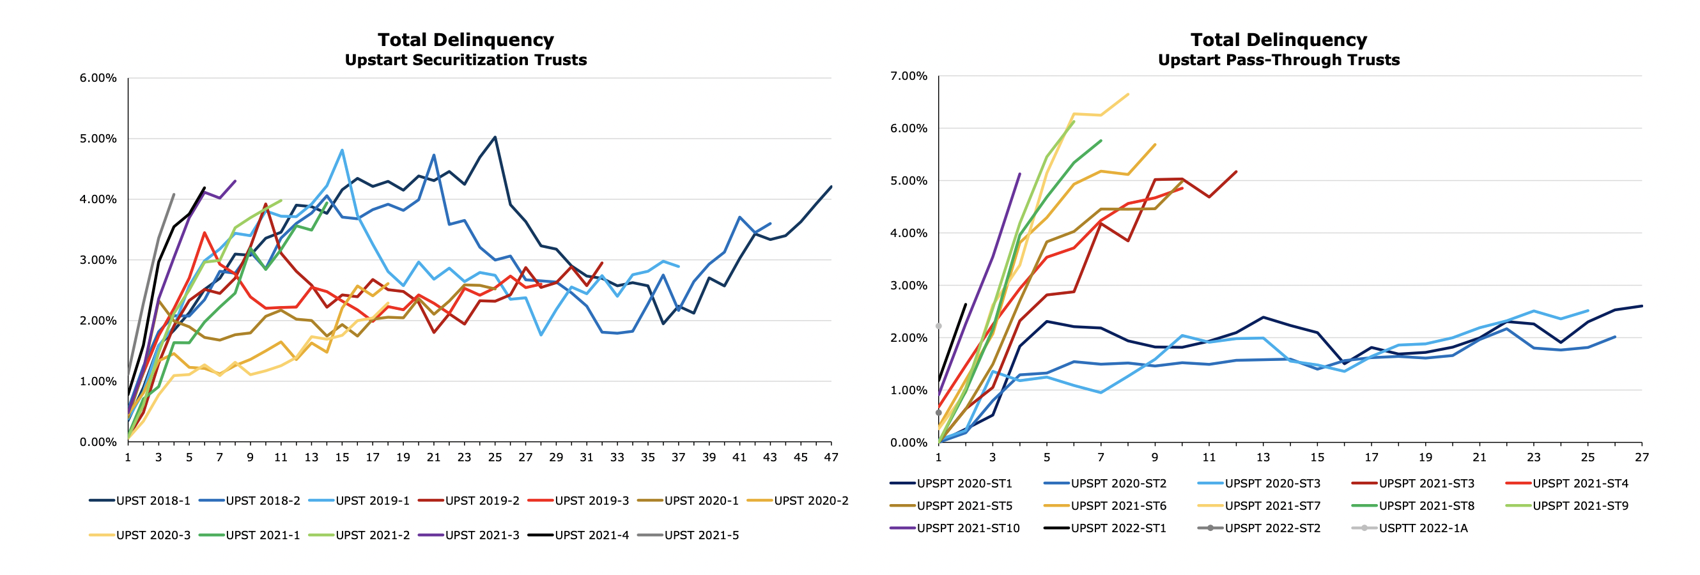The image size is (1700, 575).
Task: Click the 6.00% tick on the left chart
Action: (x=98, y=78)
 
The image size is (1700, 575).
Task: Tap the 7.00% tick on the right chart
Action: (x=909, y=76)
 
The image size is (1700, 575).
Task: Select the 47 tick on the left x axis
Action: (x=831, y=457)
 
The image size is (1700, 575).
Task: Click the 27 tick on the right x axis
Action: (x=1641, y=457)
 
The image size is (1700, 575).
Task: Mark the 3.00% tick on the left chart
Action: (x=98, y=260)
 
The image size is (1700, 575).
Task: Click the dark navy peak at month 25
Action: (x=495, y=137)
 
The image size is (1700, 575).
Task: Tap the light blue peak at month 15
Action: (x=342, y=150)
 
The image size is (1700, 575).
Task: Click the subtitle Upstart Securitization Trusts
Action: (x=465, y=60)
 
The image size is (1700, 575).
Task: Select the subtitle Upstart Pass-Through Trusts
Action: (x=1278, y=60)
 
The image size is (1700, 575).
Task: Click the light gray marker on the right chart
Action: (x=938, y=326)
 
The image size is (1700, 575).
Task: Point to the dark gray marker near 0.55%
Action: (x=938, y=413)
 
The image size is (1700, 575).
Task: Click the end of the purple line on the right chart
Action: (x=1019, y=174)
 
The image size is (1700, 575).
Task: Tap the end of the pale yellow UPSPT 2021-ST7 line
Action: (x=1128, y=95)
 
